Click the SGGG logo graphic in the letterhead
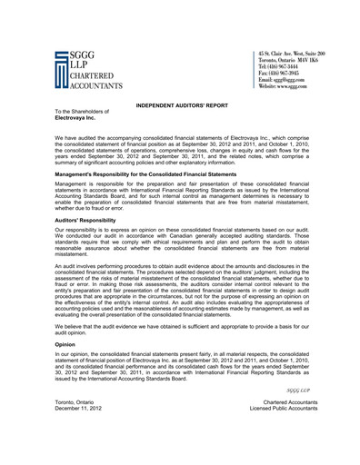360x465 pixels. pos(61,72)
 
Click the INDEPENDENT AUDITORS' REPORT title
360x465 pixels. pos(182,106)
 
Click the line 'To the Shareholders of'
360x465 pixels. pos(82,113)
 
